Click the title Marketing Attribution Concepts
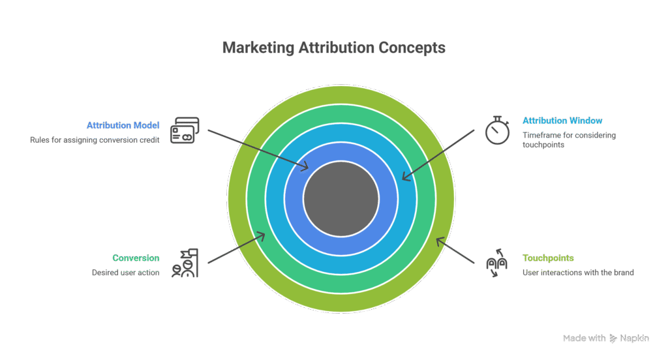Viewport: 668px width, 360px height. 333,48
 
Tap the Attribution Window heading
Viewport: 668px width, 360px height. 562,121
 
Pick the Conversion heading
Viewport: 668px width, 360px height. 136,258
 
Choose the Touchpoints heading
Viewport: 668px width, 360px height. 548,258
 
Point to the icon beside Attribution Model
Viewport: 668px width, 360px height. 184,130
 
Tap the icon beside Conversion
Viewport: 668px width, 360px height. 184,263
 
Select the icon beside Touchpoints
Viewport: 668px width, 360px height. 498,263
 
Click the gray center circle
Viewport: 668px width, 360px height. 341,199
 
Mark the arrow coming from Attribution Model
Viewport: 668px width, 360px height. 258,149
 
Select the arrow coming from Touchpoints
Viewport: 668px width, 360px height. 455,250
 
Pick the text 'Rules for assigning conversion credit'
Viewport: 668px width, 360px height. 95,140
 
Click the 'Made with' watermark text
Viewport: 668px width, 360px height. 583,338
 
